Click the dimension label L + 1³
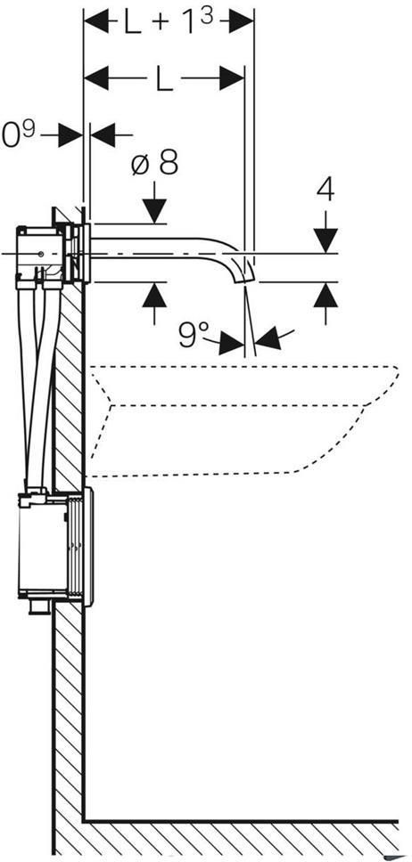(169, 22)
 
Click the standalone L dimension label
(164, 80)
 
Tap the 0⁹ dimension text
(19, 134)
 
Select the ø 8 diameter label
(155, 163)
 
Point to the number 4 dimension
(325, 191)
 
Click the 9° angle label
(194, 334)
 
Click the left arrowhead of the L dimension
(96, 79)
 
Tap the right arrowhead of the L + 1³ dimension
(242, 21)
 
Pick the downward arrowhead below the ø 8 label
(154, 211)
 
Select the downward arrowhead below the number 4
(326, 240)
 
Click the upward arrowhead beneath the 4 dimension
(326, 296)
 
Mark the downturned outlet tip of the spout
(246, 272)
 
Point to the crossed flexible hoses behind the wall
(39, 385)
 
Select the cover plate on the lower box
(88, 547)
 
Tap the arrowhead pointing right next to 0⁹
(70, 134)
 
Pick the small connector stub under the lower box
(40, 607)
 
